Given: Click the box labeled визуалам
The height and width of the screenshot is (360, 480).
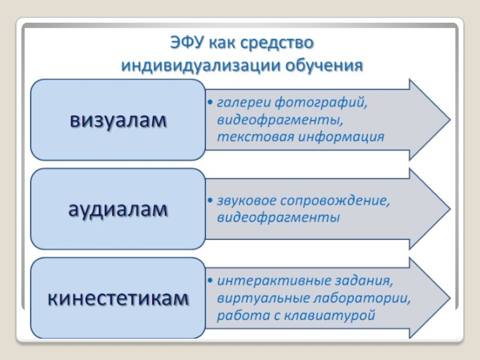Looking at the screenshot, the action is (x=118, y=120).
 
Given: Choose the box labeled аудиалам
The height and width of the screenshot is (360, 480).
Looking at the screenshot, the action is (x=118, y=209).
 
